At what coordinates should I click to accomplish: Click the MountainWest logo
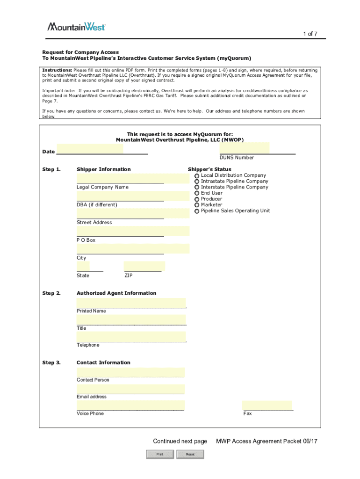[77, 27]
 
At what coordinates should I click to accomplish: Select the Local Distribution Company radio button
[197, 175]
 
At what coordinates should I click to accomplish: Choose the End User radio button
[197, 193]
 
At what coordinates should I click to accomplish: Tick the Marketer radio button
[197, 205]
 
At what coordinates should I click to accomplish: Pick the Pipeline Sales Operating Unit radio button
[197, 211]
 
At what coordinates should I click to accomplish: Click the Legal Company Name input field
[133, 178]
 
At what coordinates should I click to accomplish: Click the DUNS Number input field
[245, 148]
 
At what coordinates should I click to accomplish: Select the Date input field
[90, 149]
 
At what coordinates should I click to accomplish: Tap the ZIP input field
[144, 267]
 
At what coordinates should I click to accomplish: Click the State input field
[83, 267]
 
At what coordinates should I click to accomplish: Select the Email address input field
[130, 389]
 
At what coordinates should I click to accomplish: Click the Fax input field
[267, 405]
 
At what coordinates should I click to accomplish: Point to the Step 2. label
[51, 293]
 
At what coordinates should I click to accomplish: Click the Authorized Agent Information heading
[116, 293]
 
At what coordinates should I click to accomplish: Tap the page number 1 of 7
[310, 34]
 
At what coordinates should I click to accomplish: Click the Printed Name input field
[131, 303]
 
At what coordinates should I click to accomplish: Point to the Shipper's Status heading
[209, 169]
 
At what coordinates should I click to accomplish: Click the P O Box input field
[133, 231]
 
